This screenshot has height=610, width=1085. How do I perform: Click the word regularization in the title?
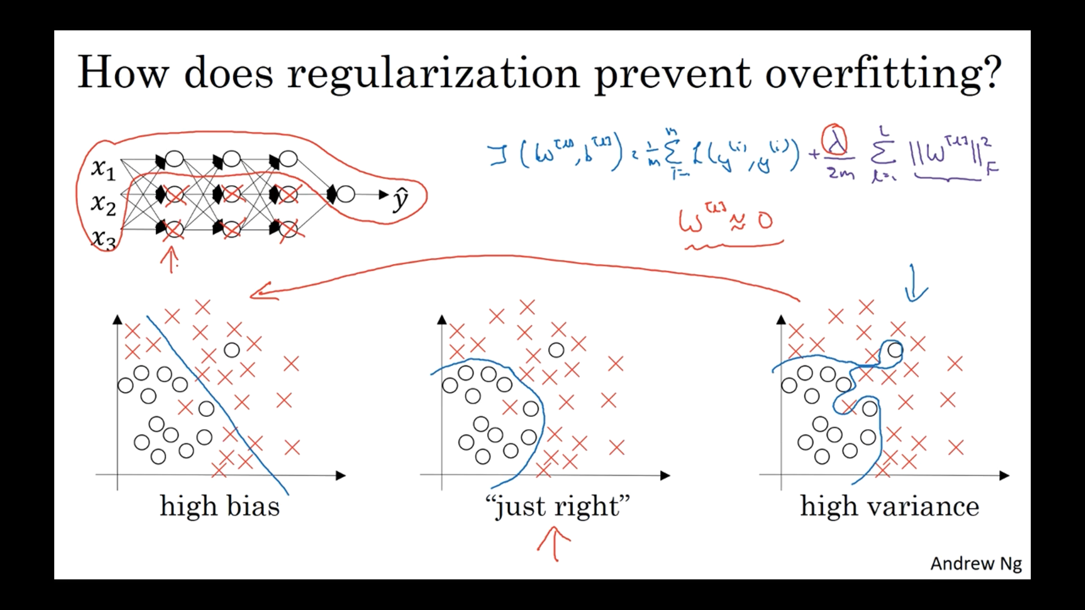coord(433,74)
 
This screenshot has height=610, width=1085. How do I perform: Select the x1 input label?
coord(103,168)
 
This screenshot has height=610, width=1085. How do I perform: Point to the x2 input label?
coord(103,204)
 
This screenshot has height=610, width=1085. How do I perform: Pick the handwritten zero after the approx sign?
coord(765,220)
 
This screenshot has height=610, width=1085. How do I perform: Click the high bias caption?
coord(220,506)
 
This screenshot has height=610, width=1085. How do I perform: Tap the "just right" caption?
coord(557,506)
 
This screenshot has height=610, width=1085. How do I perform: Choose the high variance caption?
coord(889,506)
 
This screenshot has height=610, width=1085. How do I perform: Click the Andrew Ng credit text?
coord(976,564)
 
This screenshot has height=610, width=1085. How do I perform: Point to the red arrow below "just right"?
coord(554,544)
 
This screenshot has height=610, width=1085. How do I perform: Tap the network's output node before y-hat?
coord(346,194)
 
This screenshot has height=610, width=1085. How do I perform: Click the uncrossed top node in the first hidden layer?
coord(175,159)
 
